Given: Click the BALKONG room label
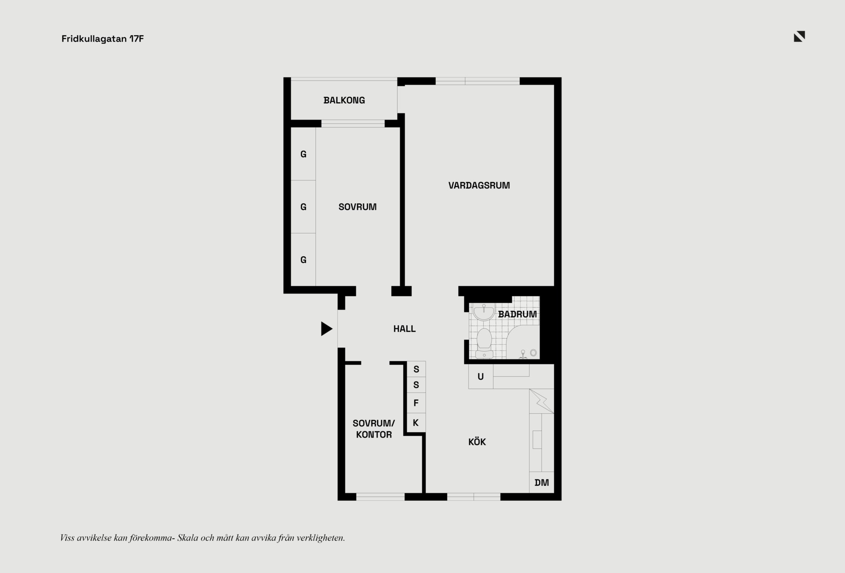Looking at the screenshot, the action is [344, 100].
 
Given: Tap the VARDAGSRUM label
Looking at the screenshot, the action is [479, 186].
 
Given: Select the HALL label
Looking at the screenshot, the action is [404, 329].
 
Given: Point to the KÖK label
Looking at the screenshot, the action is [477, 442].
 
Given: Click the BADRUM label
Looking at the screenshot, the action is [517, 314].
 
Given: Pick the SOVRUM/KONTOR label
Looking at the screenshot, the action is [374, 429].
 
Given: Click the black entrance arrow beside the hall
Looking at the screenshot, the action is [327, 329].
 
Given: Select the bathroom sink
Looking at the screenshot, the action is [484, 312].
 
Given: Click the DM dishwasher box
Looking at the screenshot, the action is [541, 482].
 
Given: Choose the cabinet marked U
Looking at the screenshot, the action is [481, 377].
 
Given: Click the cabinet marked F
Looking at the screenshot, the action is [416, 403].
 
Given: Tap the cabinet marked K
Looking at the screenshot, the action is [416, 423].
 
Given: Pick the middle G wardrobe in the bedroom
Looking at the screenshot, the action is [303, 207].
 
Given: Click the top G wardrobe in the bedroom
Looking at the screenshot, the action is [303, 154].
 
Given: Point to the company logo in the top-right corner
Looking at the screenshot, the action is [799, 37].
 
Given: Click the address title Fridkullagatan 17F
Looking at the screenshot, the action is [103, 39].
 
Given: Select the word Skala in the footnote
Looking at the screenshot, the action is [187, 538].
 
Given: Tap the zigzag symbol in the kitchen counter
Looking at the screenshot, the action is [541, 401].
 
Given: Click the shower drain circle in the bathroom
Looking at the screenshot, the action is [533, 353].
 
